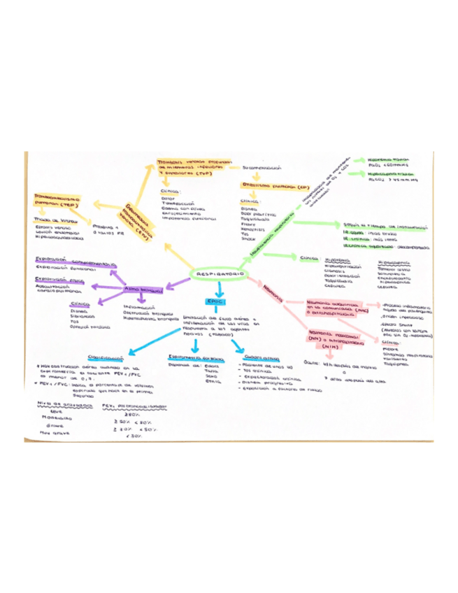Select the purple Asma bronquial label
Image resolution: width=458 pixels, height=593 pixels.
point(142,287)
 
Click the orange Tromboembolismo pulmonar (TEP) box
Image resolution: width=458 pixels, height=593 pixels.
point(58,201)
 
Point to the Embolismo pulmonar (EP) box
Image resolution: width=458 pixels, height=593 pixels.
point(264,188)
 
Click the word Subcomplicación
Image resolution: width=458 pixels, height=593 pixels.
point(262,169)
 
